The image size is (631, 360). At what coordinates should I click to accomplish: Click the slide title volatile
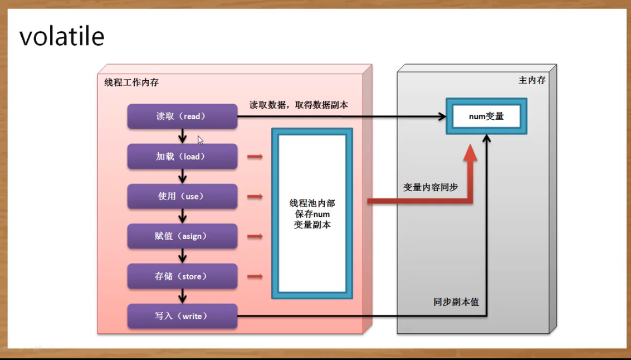click(x=62, y=37)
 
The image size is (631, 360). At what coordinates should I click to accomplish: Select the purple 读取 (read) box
click(x=182, y=116)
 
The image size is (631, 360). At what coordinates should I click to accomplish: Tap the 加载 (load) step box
click(x=182, y=157)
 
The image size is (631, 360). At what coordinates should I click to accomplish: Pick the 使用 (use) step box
click(x=182, y=197)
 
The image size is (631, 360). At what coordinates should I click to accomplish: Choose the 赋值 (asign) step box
click(x=182, y=236)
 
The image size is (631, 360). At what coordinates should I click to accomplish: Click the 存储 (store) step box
click(x=182, y=276)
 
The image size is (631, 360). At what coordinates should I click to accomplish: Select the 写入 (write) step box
click(x=182, y=316)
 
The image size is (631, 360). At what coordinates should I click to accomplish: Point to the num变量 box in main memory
click(x=486, y=116)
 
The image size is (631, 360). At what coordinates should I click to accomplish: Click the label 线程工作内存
click(x=131, y=82)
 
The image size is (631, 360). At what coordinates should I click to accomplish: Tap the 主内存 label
click(x=532, y=80)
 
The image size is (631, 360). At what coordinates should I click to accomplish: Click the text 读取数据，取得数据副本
click(x=299, y=104)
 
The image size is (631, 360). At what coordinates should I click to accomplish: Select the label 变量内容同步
click(x=431, y=187)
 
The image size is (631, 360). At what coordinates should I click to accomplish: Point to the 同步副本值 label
click(x=456, y=302)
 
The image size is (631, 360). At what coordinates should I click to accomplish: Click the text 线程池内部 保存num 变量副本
click(x=312, y=214)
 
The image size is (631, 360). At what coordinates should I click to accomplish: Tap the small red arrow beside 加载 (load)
click(x=255, y=157)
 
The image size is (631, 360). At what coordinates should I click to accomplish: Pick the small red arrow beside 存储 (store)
click(x=255, y=276)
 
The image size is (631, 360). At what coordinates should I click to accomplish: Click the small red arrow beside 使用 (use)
click(x=255, y=197)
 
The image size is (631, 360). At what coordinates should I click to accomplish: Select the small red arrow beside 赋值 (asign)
click(x=255, y=236)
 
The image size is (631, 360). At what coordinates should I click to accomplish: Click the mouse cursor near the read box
click(x=200, y=140)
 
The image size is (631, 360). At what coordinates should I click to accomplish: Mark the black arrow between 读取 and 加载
click(x=182, y=137)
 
